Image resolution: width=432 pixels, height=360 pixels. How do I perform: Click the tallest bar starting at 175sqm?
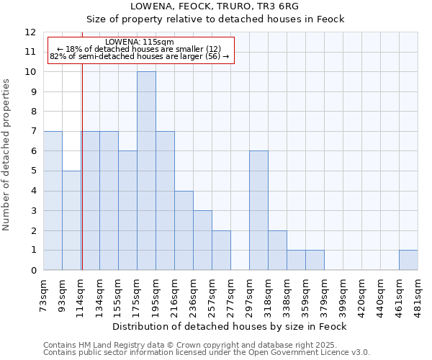(x=146, y=171)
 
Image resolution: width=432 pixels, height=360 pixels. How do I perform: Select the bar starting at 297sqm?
(x=258, y=210)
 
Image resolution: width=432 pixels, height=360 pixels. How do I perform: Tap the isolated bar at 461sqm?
(x=408, y=260)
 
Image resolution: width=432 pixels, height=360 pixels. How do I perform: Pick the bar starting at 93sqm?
(x=71, y=220)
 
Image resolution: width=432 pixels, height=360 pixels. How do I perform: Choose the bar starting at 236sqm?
(x=184, y=230)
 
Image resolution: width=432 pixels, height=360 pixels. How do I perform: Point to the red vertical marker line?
(x=82, y=180)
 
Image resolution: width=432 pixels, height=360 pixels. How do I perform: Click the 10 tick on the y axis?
(x=31, y=72)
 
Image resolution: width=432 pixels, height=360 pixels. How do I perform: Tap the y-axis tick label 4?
(x=33, y=191)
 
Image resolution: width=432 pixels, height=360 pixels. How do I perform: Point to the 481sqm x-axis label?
(x=418, y=292)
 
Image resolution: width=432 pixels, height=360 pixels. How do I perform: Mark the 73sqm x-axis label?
(x=44, y=291)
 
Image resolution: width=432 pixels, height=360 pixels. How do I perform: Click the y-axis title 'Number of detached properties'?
(x=6, y=155)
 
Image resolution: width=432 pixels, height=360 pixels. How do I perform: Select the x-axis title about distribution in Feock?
(x=230, y=326)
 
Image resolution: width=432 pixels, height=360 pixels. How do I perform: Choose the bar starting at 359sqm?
(x=315, y=260)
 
